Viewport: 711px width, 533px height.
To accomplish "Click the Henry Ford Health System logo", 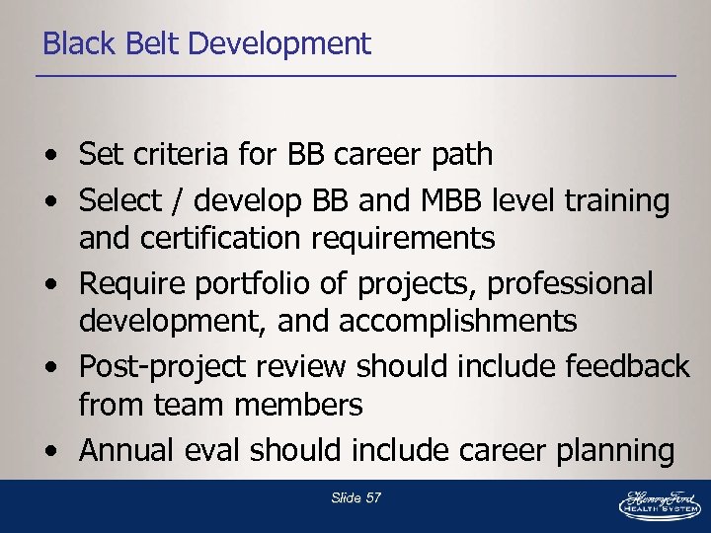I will (659, 503).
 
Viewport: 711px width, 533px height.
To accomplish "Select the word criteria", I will (182, 155).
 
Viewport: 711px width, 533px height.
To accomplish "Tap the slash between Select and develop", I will (179, 201).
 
